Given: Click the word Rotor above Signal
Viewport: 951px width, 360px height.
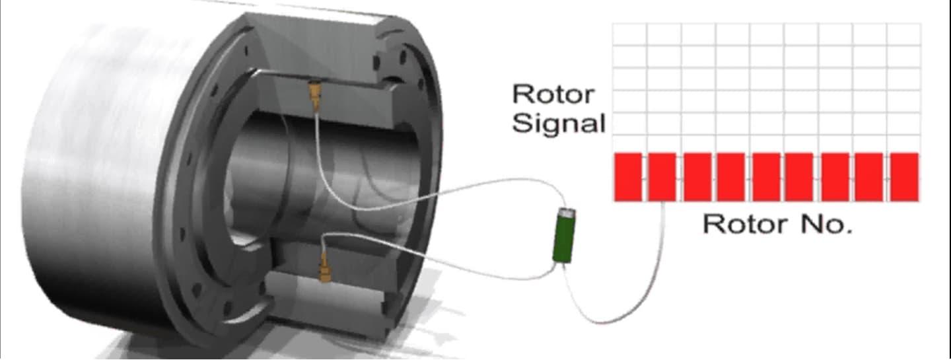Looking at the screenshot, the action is pyautogui.click(x=553, y=94).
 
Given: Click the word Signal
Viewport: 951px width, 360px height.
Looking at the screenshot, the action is pyautogui.click(x=559, y=124).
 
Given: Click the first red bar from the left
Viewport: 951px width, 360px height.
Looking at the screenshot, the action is pyautogui.click(x=628, y=177).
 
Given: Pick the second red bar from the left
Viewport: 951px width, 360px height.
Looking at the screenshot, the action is pyautogui.click(x=662, y=177).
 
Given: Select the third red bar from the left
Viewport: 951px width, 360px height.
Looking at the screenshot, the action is pyautogui.click(x=697, y=177).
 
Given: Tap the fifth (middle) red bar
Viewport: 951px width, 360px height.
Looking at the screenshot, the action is pyautogui.click(x=766, y=177).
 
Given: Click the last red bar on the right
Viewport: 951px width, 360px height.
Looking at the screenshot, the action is pyautogui.click(x=904, y=177).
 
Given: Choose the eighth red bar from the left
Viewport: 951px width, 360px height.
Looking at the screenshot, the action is pyautogui.click(x=869, y=177).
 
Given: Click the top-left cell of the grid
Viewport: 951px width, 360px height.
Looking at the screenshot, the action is pyautogui.click(x=629, y=34).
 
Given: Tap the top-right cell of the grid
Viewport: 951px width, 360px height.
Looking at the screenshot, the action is pyautogui.click(x=903, y=34).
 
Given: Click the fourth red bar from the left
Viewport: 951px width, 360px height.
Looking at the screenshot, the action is pyautogui.click(x=732, y=177).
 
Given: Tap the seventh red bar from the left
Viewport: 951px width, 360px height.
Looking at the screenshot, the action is pyautogui.click(x=835, y=177).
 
